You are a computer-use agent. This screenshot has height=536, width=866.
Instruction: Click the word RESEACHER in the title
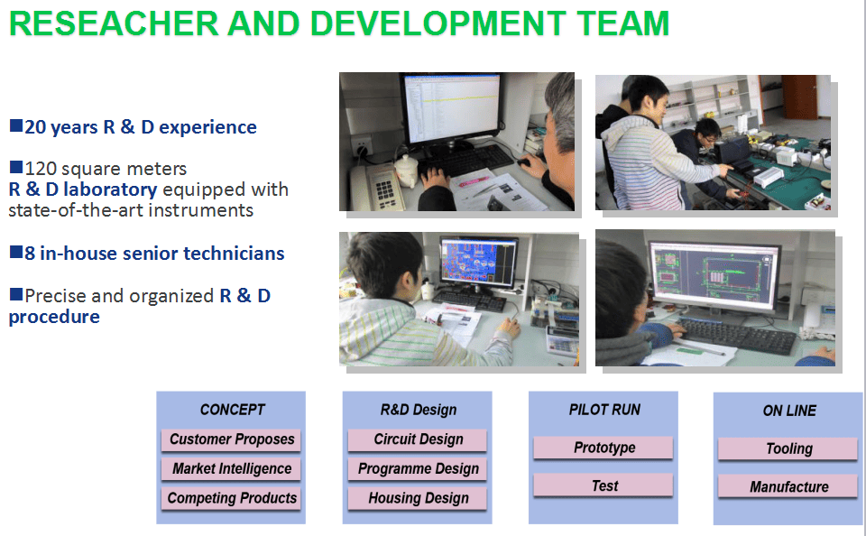[x=114, y=23]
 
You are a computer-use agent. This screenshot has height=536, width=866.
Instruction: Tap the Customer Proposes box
[x=231, y=439]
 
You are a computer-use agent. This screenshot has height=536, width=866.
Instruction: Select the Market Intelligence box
[x=231, y=469]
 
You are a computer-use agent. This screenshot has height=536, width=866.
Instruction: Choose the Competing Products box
[x=231, y=498]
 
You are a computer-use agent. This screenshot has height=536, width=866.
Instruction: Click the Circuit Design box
[x=418, y=439]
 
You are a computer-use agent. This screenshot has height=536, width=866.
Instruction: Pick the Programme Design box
[x=418, y=469]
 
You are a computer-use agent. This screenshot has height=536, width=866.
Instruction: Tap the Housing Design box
[x=418, y=498]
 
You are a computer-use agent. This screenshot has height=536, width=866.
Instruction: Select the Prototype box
[x=603, y=448]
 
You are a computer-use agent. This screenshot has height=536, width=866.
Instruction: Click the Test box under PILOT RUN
[x=603, y=485]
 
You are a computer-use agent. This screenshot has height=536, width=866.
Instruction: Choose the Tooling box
[x=788, y=448]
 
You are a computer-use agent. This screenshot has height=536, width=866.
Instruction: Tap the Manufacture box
[x=788, y=486]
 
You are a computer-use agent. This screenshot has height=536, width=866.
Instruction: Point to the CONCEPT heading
[x=232, y=410]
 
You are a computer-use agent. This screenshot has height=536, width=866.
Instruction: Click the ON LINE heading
[x=789, y=411]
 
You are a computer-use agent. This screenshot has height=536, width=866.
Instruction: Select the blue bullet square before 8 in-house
[x=16, y=252]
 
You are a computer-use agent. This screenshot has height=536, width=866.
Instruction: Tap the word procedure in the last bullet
[x=54, y=318]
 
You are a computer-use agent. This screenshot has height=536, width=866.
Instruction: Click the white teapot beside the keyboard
[x=406, y=171]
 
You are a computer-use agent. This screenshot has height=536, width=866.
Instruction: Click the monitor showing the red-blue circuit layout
[x=478, y=263]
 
